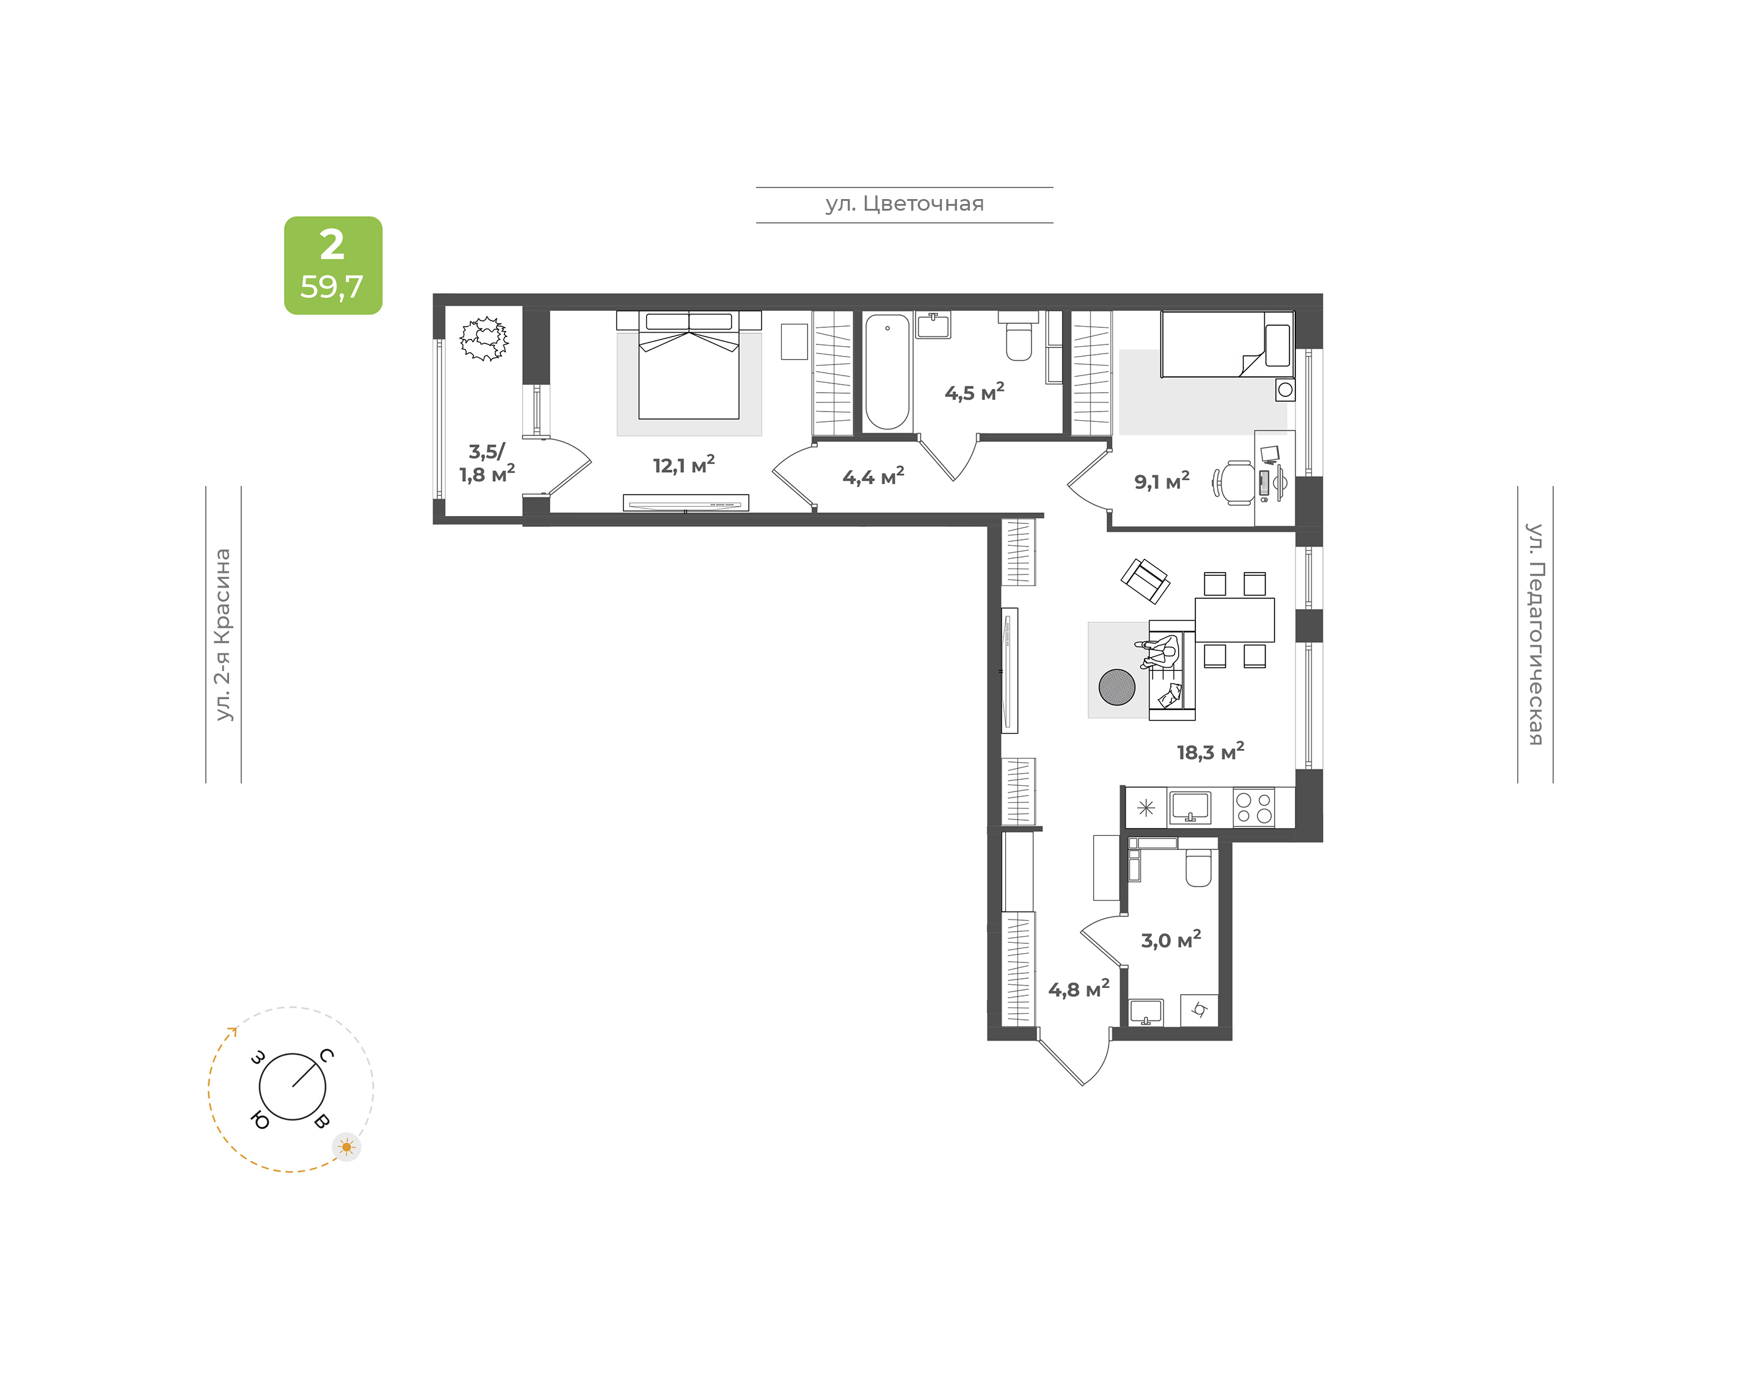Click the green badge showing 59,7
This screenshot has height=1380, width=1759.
(x=333, y=265)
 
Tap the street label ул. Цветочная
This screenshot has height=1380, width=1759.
(x=904, y=203)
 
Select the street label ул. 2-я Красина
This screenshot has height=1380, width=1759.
(x=223, y=634)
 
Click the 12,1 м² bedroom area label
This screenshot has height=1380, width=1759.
(x=683, y=465)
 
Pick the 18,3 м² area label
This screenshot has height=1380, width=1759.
(x=1209, y=752)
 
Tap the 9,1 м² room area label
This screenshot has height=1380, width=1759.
(x=1161, y=481)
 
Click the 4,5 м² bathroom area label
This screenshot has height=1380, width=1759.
(x=974, y=393)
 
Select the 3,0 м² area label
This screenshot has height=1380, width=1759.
(x=1171, y=940)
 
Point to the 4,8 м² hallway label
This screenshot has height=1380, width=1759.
(x=1079, y=989)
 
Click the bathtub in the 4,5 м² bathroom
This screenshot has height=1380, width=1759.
(x=887, y=372)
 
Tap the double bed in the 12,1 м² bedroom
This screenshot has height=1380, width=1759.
(x=689, y=365)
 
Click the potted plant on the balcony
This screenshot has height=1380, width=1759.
(x=484, y=338)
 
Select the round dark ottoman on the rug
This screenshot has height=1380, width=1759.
(x=1116, y=687)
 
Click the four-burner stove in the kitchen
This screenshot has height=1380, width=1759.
(x=1253, y=807)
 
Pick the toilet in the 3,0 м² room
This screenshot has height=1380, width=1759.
(x=1198, y=867)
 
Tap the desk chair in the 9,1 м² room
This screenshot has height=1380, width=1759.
(x=1234, y=482)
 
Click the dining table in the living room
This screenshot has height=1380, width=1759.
(x=1234, y=620)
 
